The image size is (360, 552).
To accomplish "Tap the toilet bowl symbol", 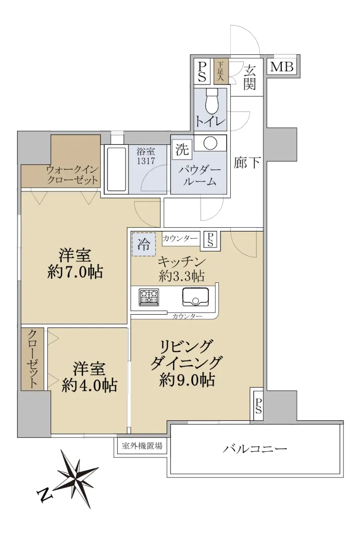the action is pos(211,101).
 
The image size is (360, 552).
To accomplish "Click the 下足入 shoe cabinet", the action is pos(221,71).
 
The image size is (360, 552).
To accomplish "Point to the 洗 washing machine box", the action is pos(182,149).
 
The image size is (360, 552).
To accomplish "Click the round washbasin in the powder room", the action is pos(210,143).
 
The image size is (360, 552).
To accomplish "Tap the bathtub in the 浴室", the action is pos(116,169).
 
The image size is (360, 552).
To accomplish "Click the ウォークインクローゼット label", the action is pos(72,175).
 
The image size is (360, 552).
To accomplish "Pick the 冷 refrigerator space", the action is pos(143,244).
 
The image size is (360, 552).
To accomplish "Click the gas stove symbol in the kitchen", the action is pos(149,297).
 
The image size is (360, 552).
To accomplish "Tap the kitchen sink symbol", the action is pos(195,297).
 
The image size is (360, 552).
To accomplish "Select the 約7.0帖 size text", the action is pos(75,272).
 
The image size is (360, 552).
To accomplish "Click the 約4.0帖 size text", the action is pos(89,385).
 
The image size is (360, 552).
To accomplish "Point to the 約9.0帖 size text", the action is pos(187,380).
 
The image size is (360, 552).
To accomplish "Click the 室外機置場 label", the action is pos(142,445).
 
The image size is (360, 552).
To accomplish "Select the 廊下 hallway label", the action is pos(246,163).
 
